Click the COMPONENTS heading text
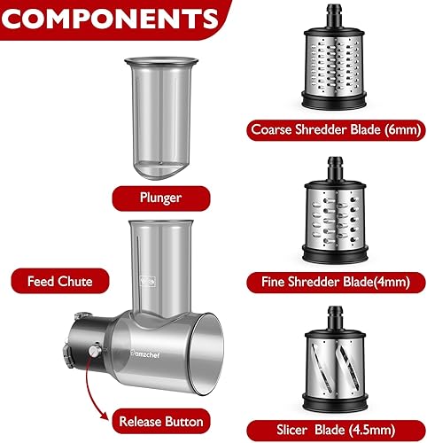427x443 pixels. [x=109, y=19]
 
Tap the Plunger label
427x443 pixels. [x=161, y=198]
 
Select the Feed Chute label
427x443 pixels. [x=60, y=281]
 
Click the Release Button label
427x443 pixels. [x=161, y=421]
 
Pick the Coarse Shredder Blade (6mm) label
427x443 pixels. [x=336, y=130]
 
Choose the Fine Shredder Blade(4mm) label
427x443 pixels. [x=336, y=282]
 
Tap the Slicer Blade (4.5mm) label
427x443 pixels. [x=336, y=430]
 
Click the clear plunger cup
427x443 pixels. [x=161, y=118]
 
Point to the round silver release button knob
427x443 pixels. [x=95, y=351]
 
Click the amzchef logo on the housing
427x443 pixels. [x=145, y=354]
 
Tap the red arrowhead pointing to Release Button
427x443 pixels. [x=104, y=415]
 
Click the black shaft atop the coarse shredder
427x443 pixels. [x=334, y=15]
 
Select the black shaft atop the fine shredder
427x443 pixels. [x=335, y=168]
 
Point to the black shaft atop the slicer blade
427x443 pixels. [x=335, y=317]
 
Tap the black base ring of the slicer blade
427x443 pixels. [x=335, y=401]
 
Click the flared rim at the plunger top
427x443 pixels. [x=161, y=61]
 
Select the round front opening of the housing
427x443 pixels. [x=206, y=354]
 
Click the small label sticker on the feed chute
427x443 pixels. [x=147, y=281]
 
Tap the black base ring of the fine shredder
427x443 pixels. [x=335, y=254]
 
